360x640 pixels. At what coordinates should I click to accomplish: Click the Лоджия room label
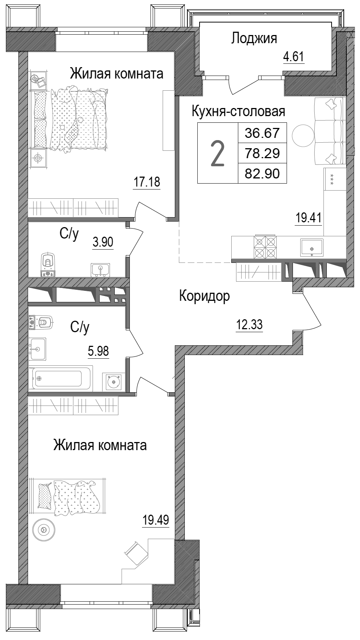click(254, 38)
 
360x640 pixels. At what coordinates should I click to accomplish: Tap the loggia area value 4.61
click(294, 57)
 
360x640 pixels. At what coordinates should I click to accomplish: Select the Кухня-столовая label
click(238, 111)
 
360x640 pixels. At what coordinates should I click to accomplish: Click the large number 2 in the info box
click(217, 154)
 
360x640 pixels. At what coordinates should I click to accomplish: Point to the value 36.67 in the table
click(262, 132)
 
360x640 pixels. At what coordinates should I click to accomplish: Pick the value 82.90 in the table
click(262, 173)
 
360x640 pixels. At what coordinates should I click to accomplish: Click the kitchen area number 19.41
click(308, 218)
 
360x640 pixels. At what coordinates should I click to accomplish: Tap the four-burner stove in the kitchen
click(265, 247)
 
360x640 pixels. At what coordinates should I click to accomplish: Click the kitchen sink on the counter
click(312, 247)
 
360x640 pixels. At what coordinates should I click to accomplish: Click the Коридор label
click(204, 296)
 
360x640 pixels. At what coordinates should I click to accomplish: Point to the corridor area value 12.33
click(249, 325)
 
